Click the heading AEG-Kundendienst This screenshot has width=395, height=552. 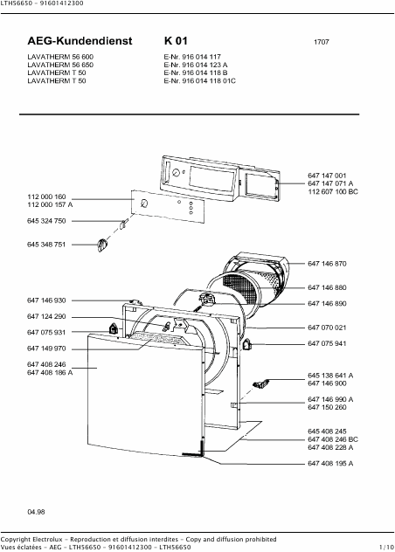coord(80,41)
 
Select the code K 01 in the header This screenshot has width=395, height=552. coord(176,41)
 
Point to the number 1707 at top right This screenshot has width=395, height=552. coord(322,42)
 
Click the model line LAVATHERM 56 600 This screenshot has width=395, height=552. coord(60,57)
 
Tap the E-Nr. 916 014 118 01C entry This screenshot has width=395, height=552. coord(200,81)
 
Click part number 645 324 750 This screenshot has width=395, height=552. coord(46,221)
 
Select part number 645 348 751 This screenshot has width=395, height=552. coord(46,245)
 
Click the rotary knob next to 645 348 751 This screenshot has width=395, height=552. coord(102,245)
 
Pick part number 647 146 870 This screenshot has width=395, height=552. coord(327,264)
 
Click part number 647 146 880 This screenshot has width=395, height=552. coord(327,287)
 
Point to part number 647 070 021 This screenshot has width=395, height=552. coord(327,328)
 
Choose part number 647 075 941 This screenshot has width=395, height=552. coord(327,343)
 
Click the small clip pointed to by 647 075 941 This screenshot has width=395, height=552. coord(246,344)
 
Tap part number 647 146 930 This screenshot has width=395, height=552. coord(46,300)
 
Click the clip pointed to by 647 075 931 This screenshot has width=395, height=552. coord(113,329)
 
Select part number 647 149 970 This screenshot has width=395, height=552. coord(46,348)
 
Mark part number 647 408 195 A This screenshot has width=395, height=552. coord(330,464)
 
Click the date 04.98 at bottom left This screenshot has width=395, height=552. coord(37,512)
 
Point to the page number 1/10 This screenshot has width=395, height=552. coord(386,548)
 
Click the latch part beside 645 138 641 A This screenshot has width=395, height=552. coord(261,383)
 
